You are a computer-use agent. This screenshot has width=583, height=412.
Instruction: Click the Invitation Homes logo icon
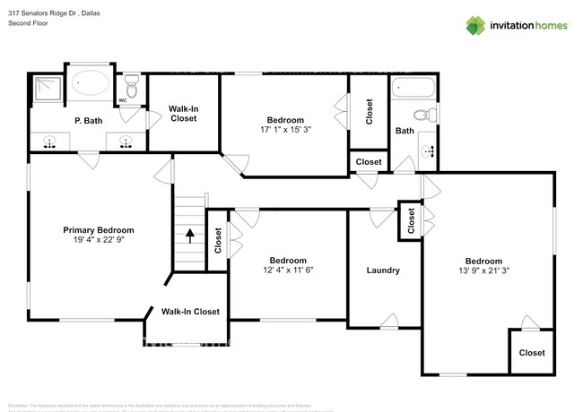474,25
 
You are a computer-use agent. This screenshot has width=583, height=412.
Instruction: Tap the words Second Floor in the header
28,23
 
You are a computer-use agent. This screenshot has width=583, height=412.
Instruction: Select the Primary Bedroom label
99,230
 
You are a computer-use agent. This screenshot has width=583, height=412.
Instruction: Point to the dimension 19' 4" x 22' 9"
99,241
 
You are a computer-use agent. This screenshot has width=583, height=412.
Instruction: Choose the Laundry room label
383,270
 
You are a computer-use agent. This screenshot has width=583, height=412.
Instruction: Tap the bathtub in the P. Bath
89,85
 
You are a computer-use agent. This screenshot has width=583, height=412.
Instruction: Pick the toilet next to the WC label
132,88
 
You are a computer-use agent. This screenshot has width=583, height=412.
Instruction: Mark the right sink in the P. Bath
126,141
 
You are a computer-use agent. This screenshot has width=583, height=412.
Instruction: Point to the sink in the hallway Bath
427,150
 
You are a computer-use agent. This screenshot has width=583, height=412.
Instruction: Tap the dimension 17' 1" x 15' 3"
286,131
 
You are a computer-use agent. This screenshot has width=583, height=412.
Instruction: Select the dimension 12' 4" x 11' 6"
287,269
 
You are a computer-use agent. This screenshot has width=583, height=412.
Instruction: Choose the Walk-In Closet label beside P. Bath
183,113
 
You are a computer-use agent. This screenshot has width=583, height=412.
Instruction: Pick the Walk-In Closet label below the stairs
190,312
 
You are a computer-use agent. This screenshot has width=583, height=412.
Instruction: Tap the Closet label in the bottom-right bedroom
532,353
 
